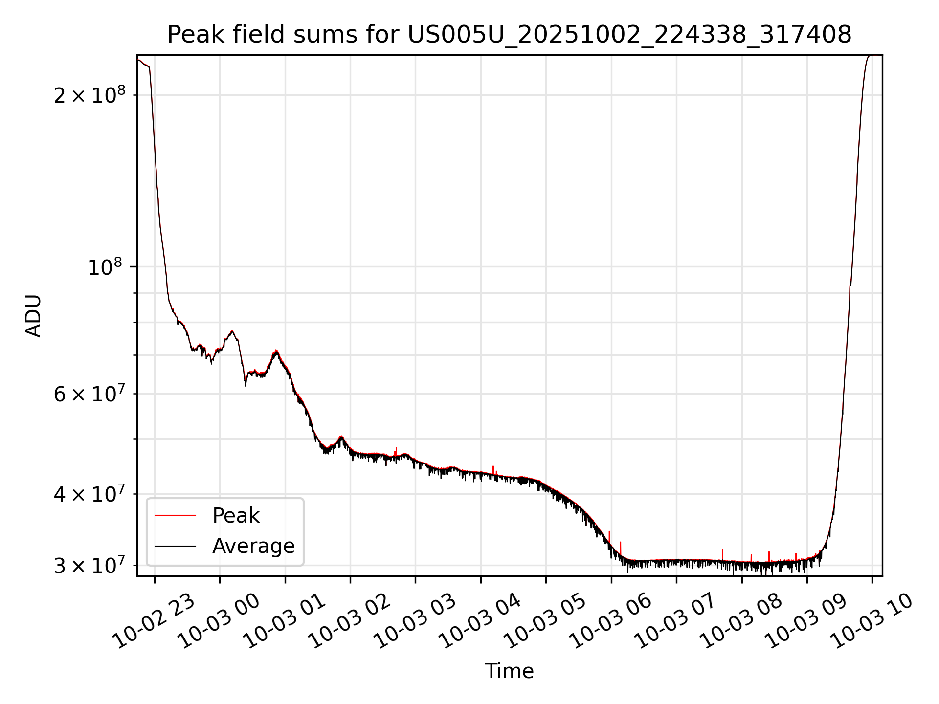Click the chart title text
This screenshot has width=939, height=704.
pyautogui.click(x=509, y=35)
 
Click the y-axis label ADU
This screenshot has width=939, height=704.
pyautogui.click(x=33, y=315)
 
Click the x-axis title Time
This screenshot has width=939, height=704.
pyautogui.click(x=509, y=671)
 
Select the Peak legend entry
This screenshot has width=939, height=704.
pyautogui.click(x=235, y=516)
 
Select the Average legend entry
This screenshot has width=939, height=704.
pyautogui.click(x=253, y=546)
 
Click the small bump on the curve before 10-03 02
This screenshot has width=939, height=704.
pyautogui.click(x=341, y=436)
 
